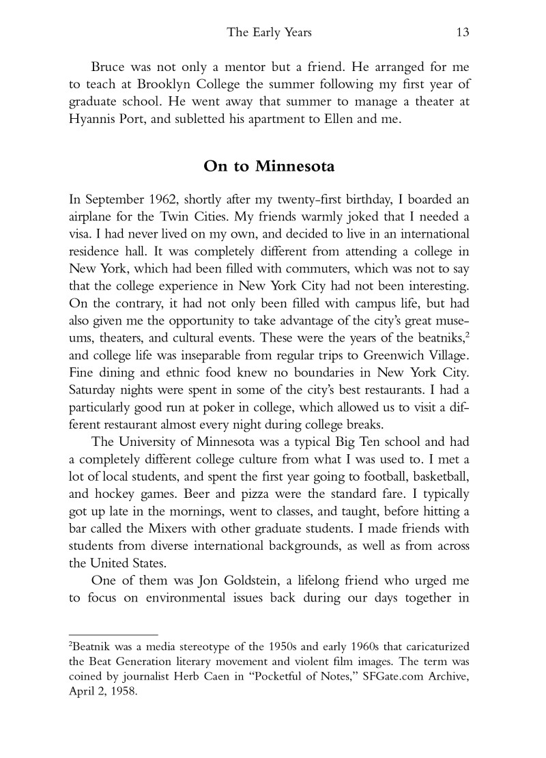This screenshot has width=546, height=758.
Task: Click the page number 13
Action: (x=467, y=32)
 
